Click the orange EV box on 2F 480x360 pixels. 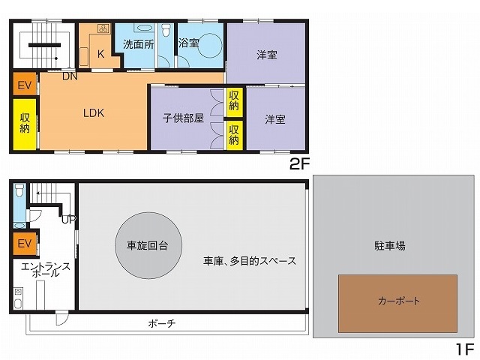coord(25,85)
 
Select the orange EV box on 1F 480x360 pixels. coord(25,244)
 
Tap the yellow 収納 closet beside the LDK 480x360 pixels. coord(25,124)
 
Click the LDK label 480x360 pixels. coord(94,113)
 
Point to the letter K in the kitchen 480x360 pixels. coord(100,54)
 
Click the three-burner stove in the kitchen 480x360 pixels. coord(103,28)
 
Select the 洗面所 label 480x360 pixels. coord(138,45)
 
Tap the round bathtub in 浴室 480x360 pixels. coord(210,45)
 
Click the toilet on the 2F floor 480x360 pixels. coord(166,30)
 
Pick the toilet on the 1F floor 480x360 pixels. coord(19,190)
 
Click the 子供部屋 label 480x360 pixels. coord(183,118)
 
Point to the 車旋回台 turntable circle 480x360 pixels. coord(148,245)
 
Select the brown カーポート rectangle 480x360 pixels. coord(398,303)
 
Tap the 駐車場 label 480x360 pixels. coord(390,246)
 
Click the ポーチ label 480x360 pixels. coord(162,323)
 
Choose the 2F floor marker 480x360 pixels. coord(299,165)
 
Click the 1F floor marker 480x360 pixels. coord(465,349)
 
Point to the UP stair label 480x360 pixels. coord(68,220)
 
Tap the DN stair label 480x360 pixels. coord(70,76)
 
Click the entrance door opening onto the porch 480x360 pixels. coord(62,318)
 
